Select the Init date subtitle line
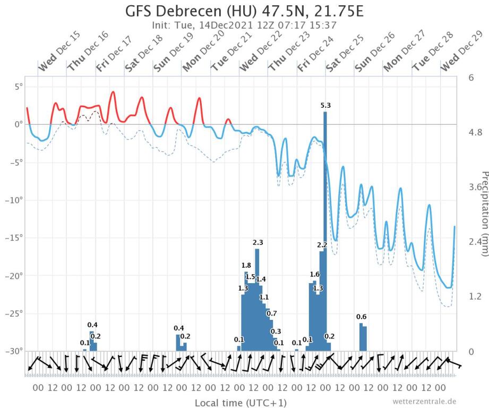[x=244, y=24]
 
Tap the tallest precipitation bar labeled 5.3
[x=325, y=228]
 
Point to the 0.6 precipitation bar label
[x=362, y=317]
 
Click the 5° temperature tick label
[x=18, y=87]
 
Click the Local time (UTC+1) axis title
[x=240, y=402]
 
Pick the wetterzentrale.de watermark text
[x=424, y=401]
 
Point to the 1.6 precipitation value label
[x=315, y=274]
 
